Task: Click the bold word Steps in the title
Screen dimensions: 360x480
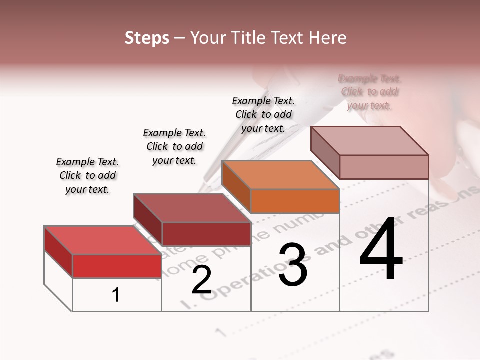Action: pos(147,38)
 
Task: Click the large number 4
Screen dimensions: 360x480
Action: pos(381,249)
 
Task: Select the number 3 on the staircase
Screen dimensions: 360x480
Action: pos(293,265)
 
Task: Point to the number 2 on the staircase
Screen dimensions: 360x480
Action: pos(201,280)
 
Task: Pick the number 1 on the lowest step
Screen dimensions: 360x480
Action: pos(116,295)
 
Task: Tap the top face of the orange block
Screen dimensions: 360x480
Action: pos(281,175)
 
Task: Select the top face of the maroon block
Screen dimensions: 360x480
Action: pos(192,208)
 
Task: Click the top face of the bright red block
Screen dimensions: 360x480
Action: pos(103,240)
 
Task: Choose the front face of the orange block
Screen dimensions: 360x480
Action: pos(295,201)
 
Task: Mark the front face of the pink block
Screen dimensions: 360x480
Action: pos(384,167)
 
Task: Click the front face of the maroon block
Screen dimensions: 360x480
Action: pos(206,234)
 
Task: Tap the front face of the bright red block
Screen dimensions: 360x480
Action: pos(117,266)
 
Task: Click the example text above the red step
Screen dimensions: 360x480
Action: pos(87,175)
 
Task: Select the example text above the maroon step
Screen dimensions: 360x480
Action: pos(174,146)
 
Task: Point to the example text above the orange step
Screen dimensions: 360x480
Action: pos(263,114)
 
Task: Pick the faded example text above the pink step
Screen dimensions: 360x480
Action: pos(370,92)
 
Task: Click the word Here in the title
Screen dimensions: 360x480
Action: pos(330,38)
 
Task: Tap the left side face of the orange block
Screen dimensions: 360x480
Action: pos(236,186)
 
